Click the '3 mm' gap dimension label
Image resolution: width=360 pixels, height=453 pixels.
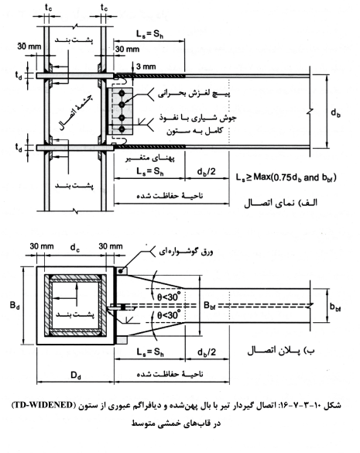point(146,67)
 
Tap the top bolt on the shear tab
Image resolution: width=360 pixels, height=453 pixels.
point(122,93)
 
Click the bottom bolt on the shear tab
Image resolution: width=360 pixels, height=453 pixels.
point(122,129)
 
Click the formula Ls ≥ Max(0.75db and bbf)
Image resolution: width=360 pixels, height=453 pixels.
point(286,177)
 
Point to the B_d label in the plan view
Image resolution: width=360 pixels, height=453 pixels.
point(15,305)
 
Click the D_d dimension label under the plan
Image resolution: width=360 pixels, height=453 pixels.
point(76,376)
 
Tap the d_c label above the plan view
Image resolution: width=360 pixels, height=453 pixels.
point(75,248)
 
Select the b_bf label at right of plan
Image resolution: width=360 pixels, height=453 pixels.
point(336,307)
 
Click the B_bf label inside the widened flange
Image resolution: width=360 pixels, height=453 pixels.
point(210,305)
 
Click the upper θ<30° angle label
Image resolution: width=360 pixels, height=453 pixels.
point(169,296)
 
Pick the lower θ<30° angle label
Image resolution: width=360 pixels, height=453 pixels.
point(169,314)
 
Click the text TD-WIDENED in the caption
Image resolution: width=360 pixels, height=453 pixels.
point(43,405)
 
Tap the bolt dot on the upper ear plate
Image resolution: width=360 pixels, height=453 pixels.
point(120,271)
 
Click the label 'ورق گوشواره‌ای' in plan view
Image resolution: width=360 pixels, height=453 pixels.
point(186,252)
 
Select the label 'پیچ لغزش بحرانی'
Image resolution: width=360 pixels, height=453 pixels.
point(194,94)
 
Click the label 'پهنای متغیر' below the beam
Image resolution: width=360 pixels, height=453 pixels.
point(150,158)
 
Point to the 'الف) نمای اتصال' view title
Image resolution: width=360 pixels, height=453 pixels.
point(280,203)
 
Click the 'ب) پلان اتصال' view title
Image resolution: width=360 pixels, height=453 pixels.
point(281,351)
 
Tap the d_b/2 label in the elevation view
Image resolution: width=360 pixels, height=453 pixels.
point(206,171)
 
